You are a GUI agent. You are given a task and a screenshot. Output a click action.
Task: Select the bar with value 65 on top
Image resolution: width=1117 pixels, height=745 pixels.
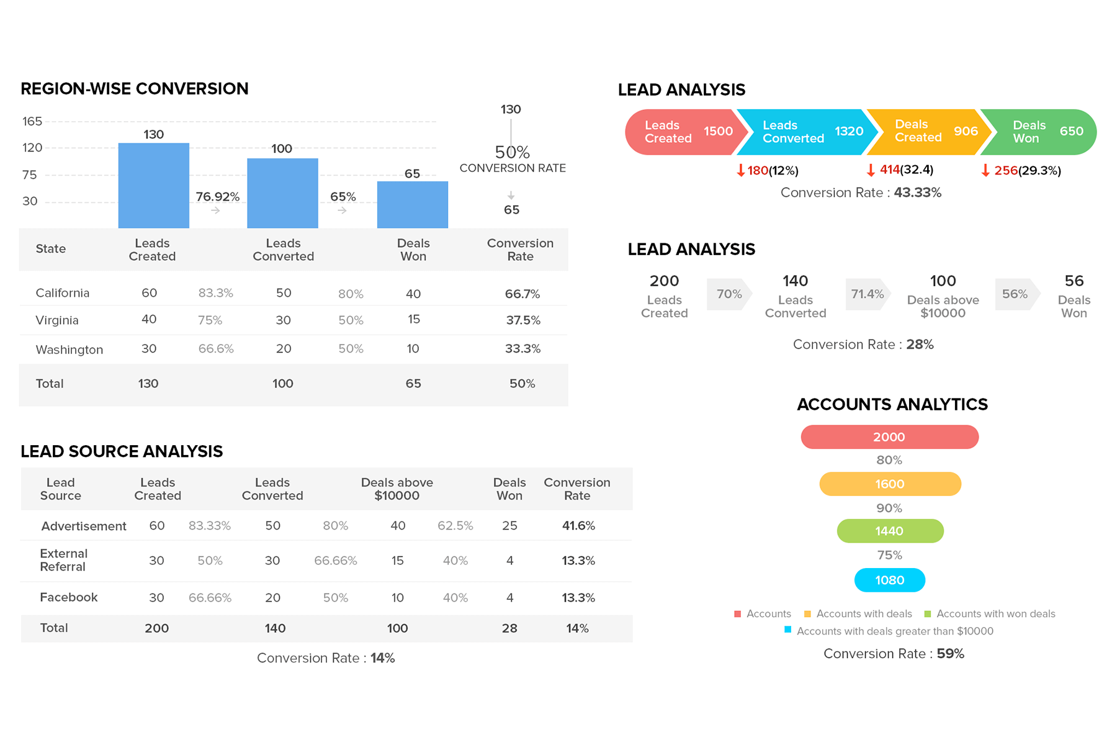click(413, 204)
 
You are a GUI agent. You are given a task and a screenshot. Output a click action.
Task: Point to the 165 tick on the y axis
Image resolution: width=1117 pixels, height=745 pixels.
click(32, 121)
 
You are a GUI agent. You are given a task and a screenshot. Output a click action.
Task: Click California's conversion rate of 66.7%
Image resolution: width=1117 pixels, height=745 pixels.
click(522, 294)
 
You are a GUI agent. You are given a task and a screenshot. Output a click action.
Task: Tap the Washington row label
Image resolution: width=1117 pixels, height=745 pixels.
click(70, 350)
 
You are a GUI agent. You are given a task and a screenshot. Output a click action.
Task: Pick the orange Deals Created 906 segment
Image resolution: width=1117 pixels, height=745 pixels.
click(925, 132)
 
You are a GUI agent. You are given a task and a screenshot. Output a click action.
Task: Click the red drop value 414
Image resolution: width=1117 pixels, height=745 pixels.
click(889, 169)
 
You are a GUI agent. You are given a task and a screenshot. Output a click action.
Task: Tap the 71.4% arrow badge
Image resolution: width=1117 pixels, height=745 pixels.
click(867, 294)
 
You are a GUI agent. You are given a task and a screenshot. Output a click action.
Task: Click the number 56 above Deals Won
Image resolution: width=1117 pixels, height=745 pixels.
click(1074, 281)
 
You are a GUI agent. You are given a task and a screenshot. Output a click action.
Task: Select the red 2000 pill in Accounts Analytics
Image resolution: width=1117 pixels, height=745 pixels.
click(889, 437)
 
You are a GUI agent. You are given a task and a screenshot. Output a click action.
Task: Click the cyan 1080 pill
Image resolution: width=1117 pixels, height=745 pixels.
click(889, 580)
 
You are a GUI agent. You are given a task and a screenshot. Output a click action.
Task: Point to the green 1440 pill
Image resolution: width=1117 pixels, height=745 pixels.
click(889, 531)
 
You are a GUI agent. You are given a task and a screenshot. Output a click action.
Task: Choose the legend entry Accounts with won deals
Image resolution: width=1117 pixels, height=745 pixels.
click(995, 613)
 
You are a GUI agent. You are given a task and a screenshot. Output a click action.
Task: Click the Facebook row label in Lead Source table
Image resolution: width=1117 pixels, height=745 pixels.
click(69, 597)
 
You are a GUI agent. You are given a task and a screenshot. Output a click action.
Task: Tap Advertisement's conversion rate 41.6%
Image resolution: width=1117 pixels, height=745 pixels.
click(578, 526)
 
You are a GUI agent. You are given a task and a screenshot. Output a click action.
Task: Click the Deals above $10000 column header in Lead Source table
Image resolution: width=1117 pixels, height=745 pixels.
click(397, 489)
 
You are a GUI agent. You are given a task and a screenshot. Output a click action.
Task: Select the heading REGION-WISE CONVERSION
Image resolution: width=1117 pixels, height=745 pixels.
click(135, 89)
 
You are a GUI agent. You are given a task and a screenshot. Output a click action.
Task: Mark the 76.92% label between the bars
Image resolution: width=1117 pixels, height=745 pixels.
click(217, 197)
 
